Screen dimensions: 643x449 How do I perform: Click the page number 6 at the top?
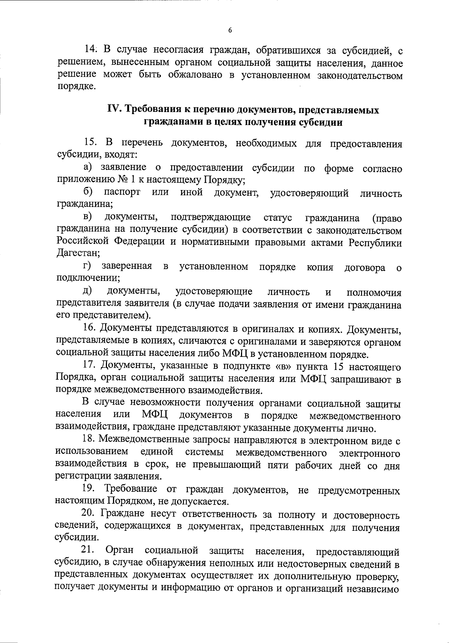[230, 31]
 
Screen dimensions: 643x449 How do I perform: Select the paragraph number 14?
[91, 49]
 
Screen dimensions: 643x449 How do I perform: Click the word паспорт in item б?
[122, 192]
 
